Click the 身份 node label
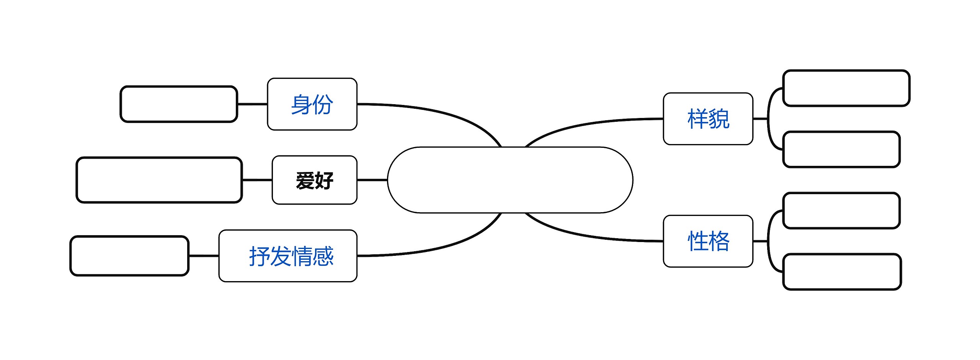[312, 104]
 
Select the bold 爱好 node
[314, 180]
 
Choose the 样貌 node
[708, 119]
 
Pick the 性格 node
[708, 241]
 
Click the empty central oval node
[510, 180]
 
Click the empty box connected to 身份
[179, 104]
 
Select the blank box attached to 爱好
[159, 180]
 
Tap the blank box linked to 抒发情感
[129, 256]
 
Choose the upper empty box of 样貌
[846, 88]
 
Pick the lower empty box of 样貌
[841, 149]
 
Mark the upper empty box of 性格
[841, 211]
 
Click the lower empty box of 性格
[842, 272]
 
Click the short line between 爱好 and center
[372, 180]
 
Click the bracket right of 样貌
[769, 119]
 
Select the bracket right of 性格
[769, 241]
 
